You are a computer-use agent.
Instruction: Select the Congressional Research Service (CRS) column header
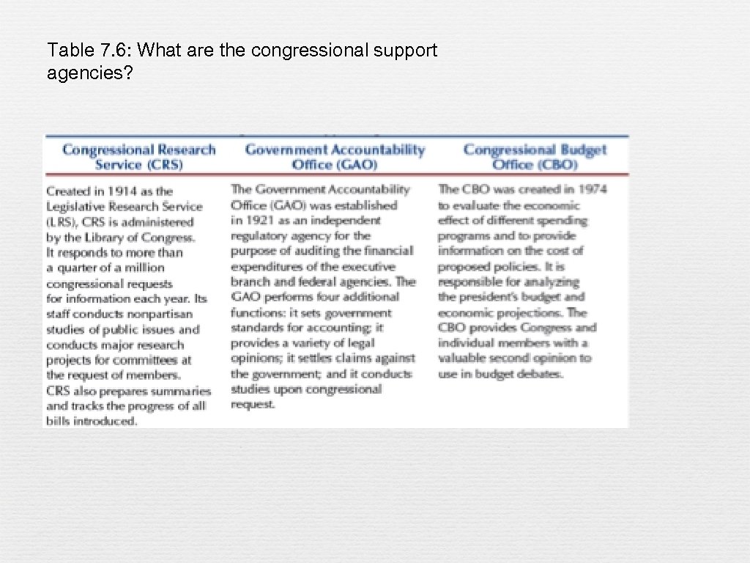click(139, 157)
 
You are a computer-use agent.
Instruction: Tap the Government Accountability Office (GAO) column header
click(335, 157)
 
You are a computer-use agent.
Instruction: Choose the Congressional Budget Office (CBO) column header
click(535, 157)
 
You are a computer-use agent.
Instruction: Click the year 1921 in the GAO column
click(259, 220)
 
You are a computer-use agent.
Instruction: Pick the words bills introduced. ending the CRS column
click(92, 422)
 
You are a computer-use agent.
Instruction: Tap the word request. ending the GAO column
click(253, 405)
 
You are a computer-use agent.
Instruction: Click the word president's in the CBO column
click(498, 297)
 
